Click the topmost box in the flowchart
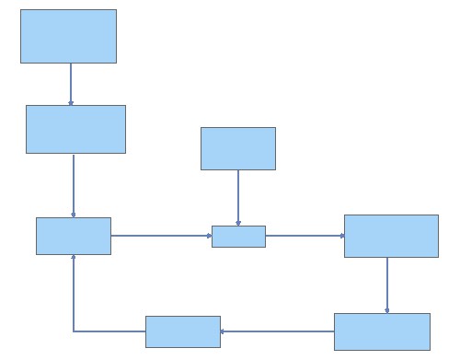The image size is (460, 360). click(x=68, y=36)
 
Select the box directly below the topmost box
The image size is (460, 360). click(x=75, y=129)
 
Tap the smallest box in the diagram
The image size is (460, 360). click(x=238, y=237)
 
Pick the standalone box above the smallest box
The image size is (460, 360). click(x=238, y=148)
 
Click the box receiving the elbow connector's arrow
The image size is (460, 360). click(x=74, y=236)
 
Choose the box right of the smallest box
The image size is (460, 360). click(x=391, y=236)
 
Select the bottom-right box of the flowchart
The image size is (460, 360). click(x=382, y=331)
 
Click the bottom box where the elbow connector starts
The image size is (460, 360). click(x=183, y=331)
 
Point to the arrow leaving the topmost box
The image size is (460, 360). click(x=71, y=84)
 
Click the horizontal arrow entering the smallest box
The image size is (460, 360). click(x=161, y=236)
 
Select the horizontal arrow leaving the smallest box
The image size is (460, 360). click(x=305, y=236)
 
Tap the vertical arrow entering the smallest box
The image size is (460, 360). click(x=238, y=197)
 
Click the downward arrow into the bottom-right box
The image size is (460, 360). click(x=387, y=285)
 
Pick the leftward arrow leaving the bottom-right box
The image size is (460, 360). click(x=277, y=331)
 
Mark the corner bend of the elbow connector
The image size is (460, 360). click(x=74, y=331)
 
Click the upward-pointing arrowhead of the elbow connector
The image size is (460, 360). click(x=74, y=258)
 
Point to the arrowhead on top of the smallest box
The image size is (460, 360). click(x=238, y=223)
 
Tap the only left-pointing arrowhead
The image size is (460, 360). click(x=224, y=331)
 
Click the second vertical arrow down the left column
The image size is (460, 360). click(x=74, y=185)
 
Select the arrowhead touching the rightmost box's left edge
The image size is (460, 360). click(x=341, y=236)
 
